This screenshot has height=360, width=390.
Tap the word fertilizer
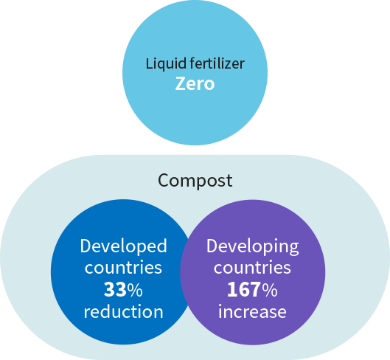point(217,63)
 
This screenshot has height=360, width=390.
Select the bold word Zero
point(195,83)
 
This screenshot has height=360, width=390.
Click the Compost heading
point(195,181)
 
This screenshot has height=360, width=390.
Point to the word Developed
point(123,246)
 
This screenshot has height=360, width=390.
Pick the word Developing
point(252,246)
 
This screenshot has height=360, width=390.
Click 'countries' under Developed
point(123,267)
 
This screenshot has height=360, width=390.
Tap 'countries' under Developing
point(252,267)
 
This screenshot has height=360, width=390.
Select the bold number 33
point(115,289)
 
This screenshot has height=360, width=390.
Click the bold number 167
point(244,289)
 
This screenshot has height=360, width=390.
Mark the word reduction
point(123,311)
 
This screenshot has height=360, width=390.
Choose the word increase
point(252,312)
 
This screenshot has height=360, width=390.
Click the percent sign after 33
point(135,289)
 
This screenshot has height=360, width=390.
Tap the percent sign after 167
point(269,289)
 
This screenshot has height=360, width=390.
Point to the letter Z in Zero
point(180,83)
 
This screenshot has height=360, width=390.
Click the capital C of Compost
point(164,180)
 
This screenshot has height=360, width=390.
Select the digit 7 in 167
point(255,289)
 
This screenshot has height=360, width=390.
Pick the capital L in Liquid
point(149,63)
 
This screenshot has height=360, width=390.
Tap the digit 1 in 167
point(231,289)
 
